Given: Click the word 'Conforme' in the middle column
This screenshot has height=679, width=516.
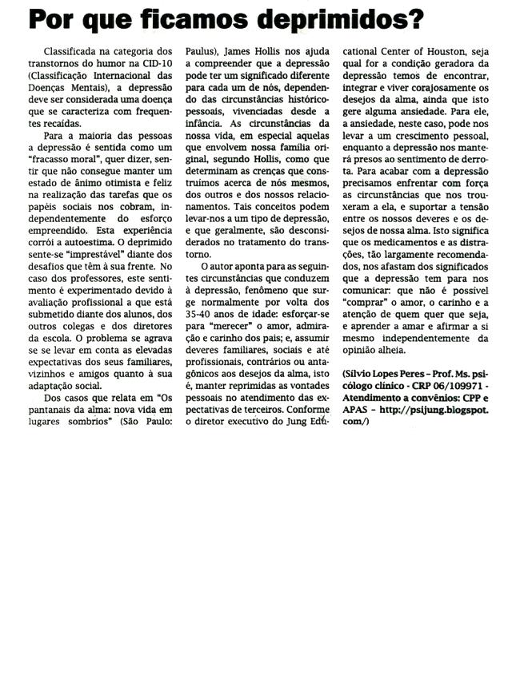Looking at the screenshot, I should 300,411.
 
